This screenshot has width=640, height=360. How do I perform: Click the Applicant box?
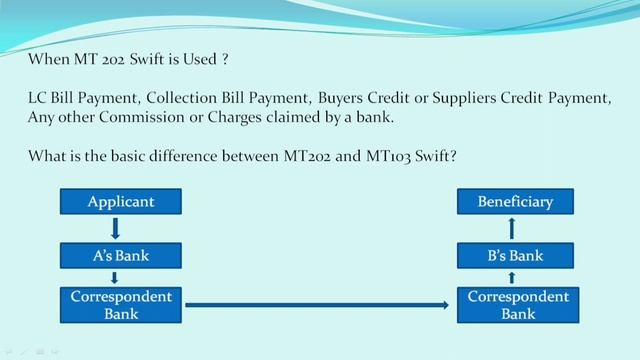(121, 201)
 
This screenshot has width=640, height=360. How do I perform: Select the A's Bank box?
(121, 255)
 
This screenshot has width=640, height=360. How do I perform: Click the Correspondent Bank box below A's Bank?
(121, 305)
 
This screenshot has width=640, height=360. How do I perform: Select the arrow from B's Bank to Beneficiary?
(513, 228)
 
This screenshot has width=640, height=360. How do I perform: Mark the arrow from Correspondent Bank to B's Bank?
(513, 278)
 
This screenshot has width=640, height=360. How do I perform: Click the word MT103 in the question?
(394, 156)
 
